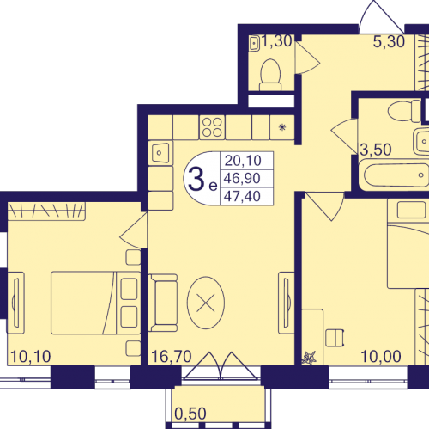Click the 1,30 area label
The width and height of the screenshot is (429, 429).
276,41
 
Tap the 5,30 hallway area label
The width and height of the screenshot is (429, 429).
389,42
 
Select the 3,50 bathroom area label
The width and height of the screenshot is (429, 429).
376,150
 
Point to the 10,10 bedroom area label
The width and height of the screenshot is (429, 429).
31,356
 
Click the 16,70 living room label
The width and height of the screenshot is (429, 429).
172,356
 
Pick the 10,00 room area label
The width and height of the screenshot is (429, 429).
381,356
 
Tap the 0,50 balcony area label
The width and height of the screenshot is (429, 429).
190,414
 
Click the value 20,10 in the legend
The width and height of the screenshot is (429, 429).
243,161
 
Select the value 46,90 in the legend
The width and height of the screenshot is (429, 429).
242,178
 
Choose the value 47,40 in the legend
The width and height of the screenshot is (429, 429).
242,196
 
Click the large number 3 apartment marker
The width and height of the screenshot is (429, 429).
196,180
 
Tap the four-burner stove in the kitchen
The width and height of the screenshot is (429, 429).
212,127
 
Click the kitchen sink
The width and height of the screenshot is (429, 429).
160,153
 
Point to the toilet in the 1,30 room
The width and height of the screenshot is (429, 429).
270,75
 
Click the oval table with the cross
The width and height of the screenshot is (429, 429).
206,303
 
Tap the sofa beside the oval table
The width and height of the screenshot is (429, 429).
162,303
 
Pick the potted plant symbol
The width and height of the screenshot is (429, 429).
309,358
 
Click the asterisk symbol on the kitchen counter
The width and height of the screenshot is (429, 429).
282,127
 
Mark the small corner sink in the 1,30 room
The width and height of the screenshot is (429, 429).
254,43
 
